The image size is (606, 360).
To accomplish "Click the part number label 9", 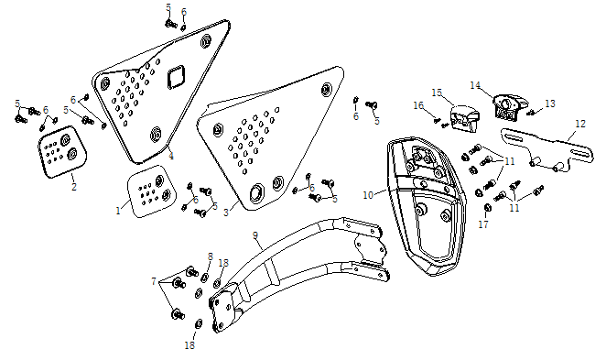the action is [255, 235].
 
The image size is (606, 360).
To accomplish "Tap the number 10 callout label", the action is [368, 195].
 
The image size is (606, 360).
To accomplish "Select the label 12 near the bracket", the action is [580, 124].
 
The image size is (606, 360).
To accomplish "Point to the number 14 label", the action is [475, 85].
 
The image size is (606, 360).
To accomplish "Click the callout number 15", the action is [437, 93].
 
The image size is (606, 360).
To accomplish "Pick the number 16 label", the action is [418, 105].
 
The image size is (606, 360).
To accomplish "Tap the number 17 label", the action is [483, 224].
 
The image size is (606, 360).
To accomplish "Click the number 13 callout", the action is [550, 104].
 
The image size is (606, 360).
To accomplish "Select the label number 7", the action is [154, 281].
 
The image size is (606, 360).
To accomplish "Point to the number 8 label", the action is [211, 256].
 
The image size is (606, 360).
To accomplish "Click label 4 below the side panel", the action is [171, 157].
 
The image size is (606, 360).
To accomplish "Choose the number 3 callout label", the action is [226, 213].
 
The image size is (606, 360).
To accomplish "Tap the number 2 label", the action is [74, 187].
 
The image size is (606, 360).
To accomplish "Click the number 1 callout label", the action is [118, 211].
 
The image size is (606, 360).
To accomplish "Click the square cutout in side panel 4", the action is [176, 77].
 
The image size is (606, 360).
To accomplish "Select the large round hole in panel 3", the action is [256, 192].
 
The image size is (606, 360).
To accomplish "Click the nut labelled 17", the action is [487, 208].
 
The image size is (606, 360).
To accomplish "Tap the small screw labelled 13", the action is [531, 113].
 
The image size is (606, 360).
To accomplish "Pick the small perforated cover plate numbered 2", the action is [62, 152].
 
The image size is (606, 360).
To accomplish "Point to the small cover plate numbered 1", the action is [151, 191].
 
